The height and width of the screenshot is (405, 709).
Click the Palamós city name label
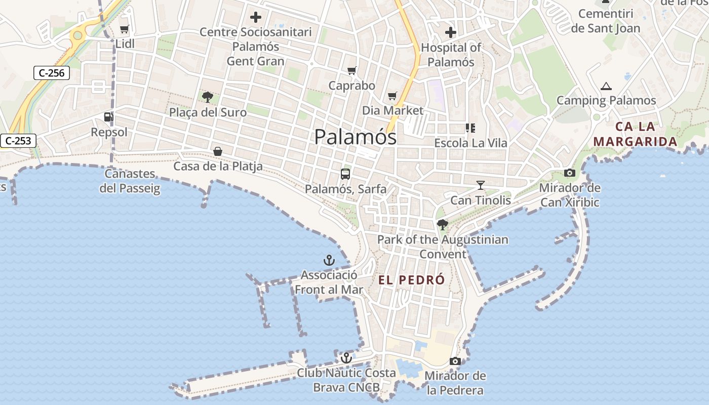coord(355,137)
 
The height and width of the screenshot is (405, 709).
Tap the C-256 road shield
coord(52,73)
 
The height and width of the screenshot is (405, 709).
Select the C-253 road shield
coord(18,141)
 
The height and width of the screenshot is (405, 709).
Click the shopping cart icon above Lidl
coord(124,29)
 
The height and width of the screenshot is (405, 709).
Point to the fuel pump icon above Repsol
coord(108,117)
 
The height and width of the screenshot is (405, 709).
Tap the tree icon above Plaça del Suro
coord(207,97)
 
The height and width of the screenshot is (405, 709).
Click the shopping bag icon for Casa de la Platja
coord(218,151)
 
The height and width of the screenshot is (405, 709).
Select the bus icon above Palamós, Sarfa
coord(345,174)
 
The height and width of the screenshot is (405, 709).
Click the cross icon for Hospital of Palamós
coord(450,33)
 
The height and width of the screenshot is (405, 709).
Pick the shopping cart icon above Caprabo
coord(351,70)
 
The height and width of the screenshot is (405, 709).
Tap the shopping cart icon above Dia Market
coord(392,96)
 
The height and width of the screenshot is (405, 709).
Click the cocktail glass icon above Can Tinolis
coord(480,185)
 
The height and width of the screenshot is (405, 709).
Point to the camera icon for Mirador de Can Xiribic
coord(570,173)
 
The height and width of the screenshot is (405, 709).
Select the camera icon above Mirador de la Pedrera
coord(455,361)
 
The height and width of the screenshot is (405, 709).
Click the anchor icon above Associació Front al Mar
coord(329,261)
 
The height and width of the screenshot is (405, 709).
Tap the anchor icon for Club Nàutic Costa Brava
coord(346,358)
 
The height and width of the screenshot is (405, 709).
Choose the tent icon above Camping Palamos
coord(606,86)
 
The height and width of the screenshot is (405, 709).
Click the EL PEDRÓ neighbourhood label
coord(411,280)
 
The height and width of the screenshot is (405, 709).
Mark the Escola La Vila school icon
coord(470,128)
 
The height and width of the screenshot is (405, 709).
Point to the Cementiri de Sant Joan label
coord(606,21)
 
